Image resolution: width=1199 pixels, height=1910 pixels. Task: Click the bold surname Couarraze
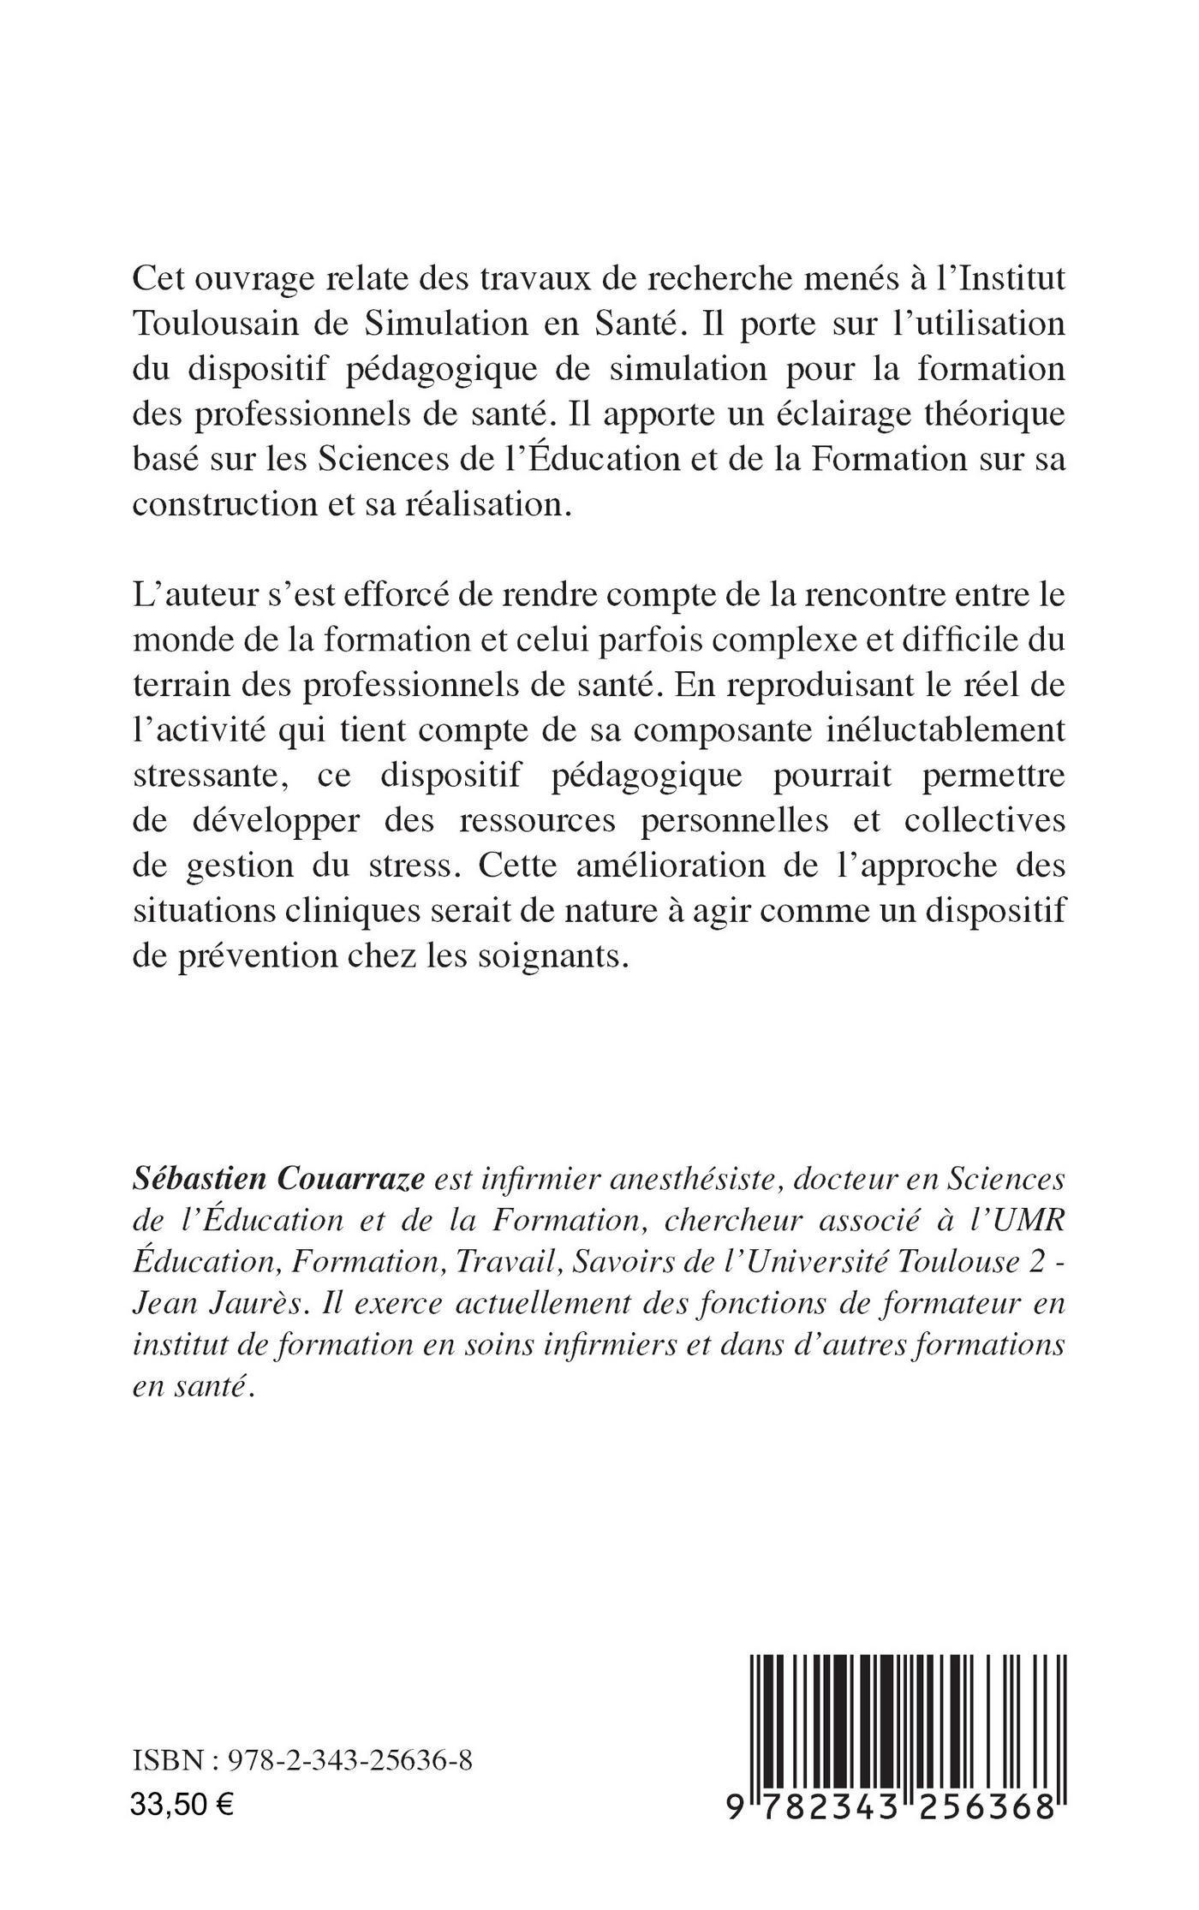pos(361,1179)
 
